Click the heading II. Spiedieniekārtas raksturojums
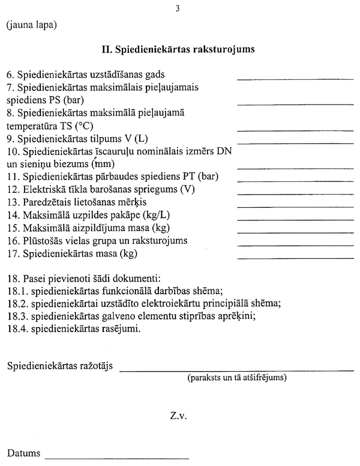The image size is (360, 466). click(179, 49)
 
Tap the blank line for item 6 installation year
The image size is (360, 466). click(279, 79)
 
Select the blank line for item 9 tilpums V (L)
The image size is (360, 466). click(279, 143)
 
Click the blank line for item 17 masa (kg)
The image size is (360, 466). click(279, 258)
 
